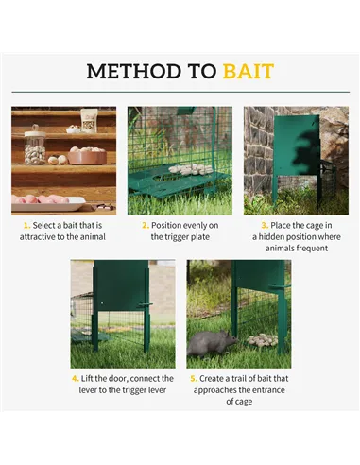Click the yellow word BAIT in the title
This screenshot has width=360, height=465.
[x=248, y=72]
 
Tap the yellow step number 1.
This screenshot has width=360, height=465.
[x=27, y=226]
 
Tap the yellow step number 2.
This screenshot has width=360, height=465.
[x=145, y=226]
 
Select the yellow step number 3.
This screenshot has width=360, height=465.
[x=264, y=226]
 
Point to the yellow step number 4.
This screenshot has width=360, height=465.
[x=76, y=378]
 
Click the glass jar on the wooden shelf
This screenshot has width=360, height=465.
[x=35, y=146]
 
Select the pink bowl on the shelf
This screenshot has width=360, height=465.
[x=86, y=155]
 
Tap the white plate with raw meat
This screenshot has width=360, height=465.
[x=45, y=200]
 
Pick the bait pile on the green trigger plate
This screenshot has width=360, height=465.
[x=190, y=169]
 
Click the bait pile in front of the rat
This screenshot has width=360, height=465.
[x=262, y=339]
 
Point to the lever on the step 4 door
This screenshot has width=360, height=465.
[x=145, y=304]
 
